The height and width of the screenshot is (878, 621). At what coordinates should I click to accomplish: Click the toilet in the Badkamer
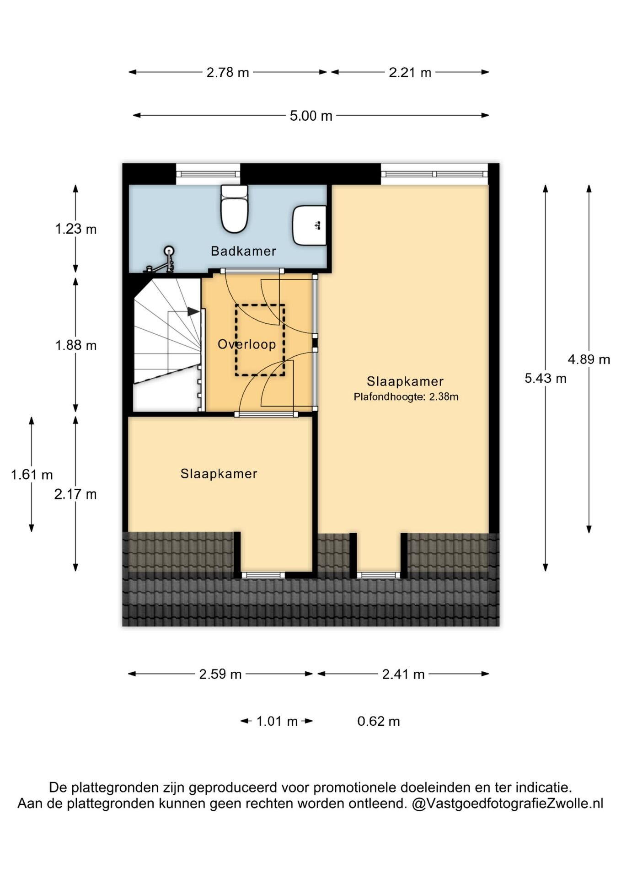[x=235, y=209]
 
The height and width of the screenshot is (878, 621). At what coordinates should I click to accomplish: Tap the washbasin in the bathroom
[x=309, y=225]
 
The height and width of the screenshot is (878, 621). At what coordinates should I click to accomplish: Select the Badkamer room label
[x=243, y=251]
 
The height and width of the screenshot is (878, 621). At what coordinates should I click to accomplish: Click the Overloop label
[x=246, y=344]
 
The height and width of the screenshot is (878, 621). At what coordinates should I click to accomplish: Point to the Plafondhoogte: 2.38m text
[x=406, y=397]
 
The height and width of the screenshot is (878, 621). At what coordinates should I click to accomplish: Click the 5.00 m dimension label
[x=311, y=116]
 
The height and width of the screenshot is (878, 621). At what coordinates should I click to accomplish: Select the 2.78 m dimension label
[x=228, y=72]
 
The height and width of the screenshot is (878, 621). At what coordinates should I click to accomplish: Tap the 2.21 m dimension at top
[x=410, y=72]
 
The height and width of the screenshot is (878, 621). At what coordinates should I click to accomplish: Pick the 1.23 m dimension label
[x=76, y=229]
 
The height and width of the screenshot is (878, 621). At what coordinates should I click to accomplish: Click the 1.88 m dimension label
[x=76, y=345]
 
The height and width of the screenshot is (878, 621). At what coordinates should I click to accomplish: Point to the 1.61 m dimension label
[x=32, y=475]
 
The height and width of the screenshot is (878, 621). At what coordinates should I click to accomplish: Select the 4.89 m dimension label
[x=589, y=359]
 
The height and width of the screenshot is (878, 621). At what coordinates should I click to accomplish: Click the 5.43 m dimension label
[x=546, y=378]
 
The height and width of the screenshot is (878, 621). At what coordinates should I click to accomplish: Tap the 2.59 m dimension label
[x=220, y=674]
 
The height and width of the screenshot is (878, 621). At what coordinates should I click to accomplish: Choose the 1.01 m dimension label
[x=277, y=722]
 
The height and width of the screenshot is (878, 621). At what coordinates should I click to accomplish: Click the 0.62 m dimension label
[x=379, y=722]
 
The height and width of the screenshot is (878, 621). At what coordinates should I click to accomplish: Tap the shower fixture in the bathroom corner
[x=161, y=259]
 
